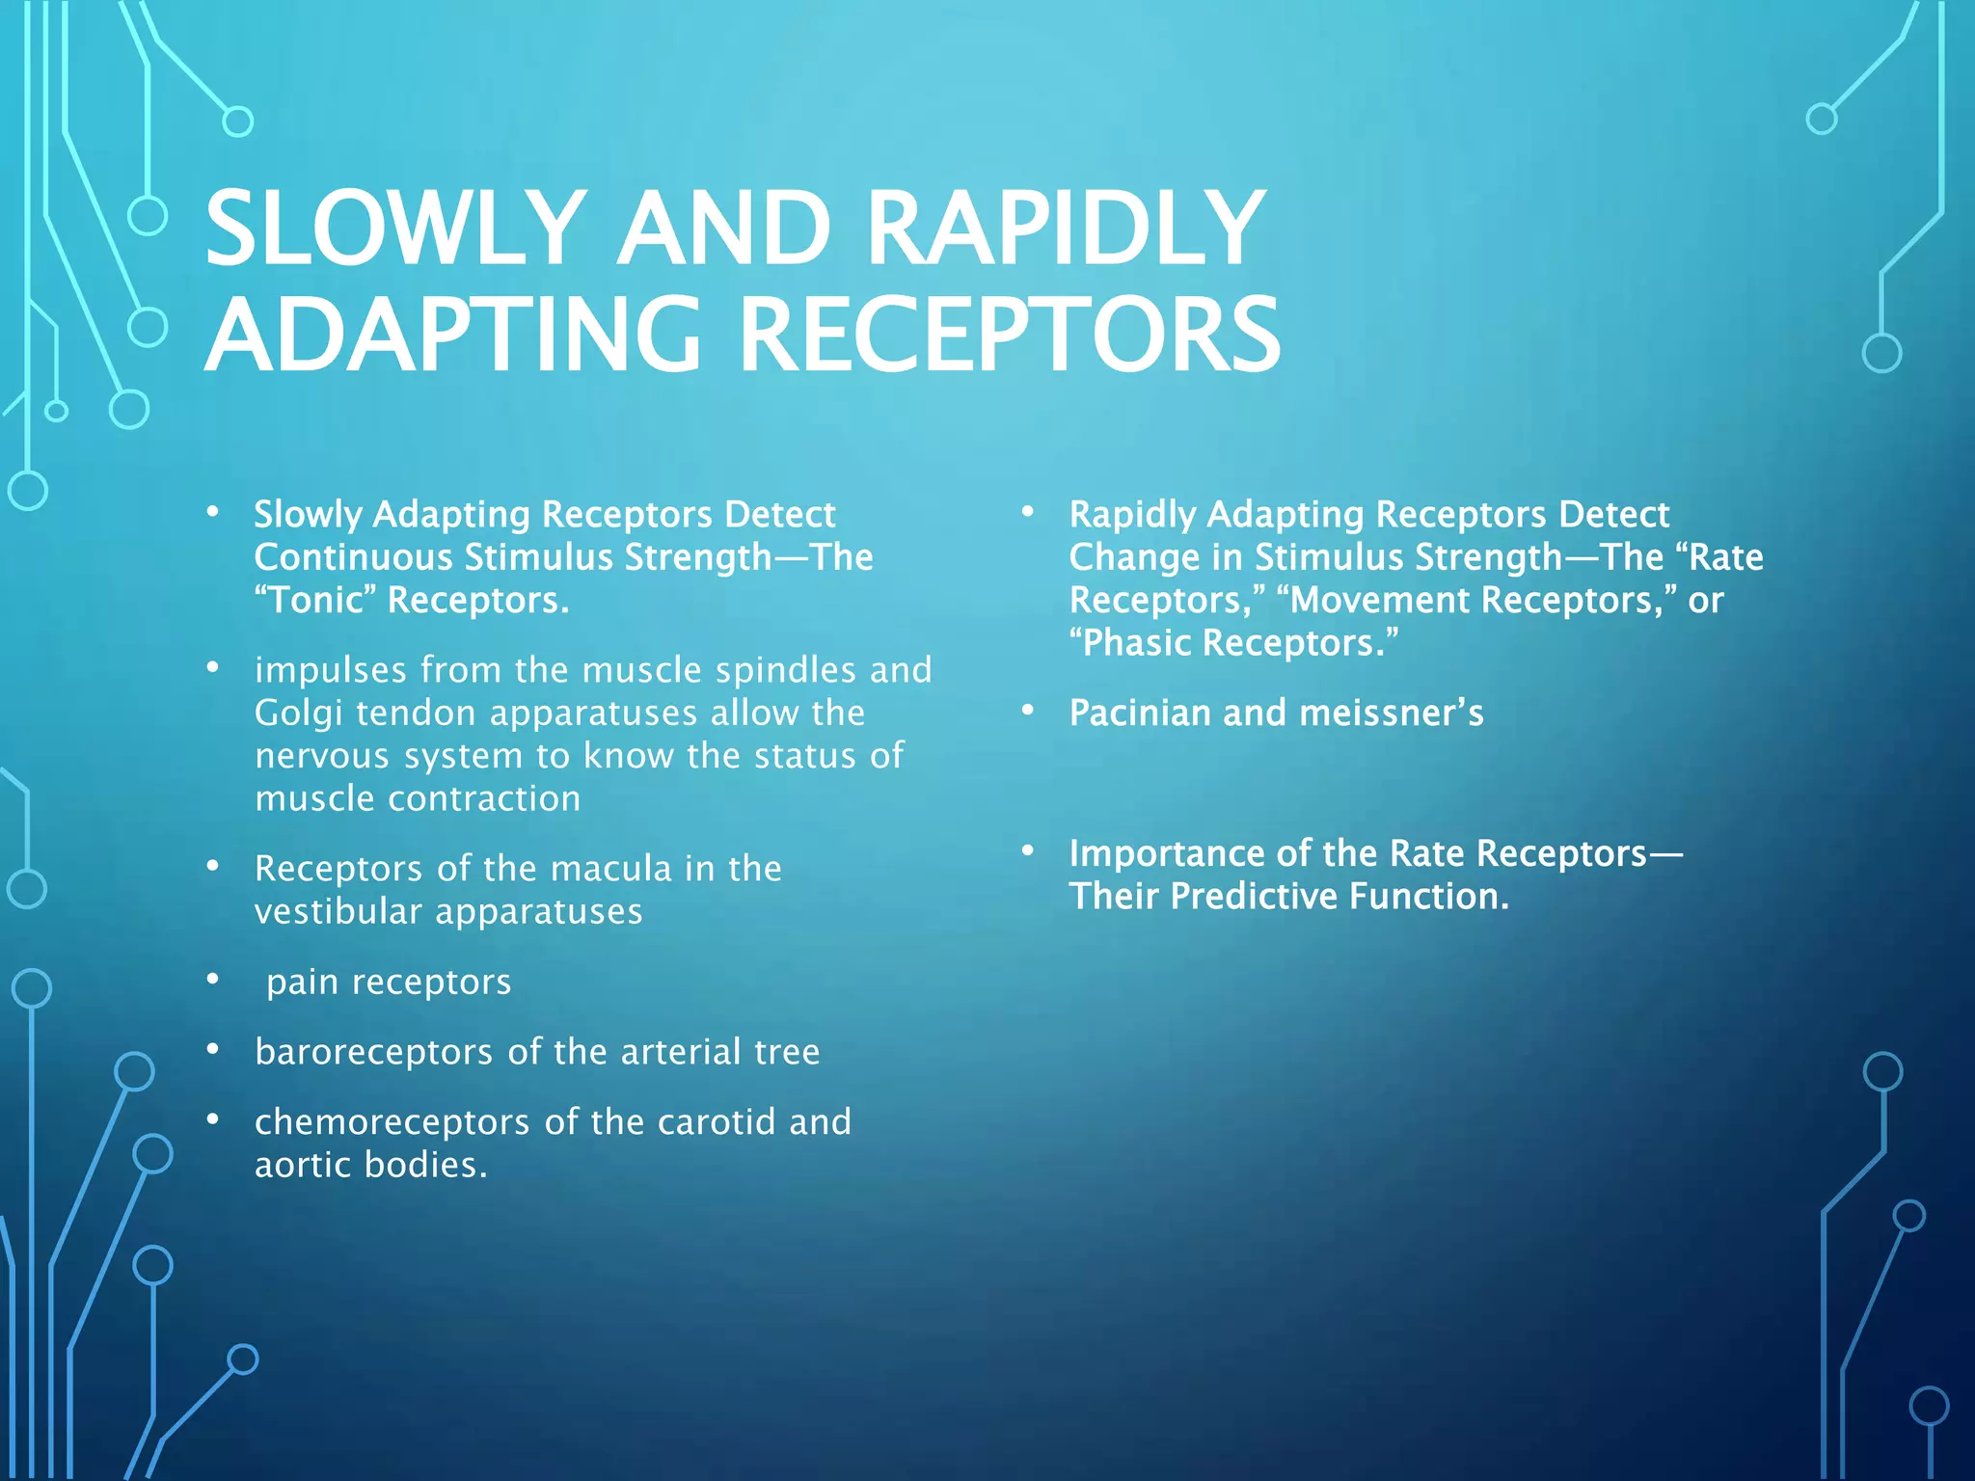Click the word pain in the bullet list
tap(302, 983)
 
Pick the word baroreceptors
tap(374, 1052)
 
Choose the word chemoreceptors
tap(392, 1122)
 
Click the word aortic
tap(303, 1165)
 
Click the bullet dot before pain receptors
tap(213, 981)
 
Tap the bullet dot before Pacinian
tap(1028, 712)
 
